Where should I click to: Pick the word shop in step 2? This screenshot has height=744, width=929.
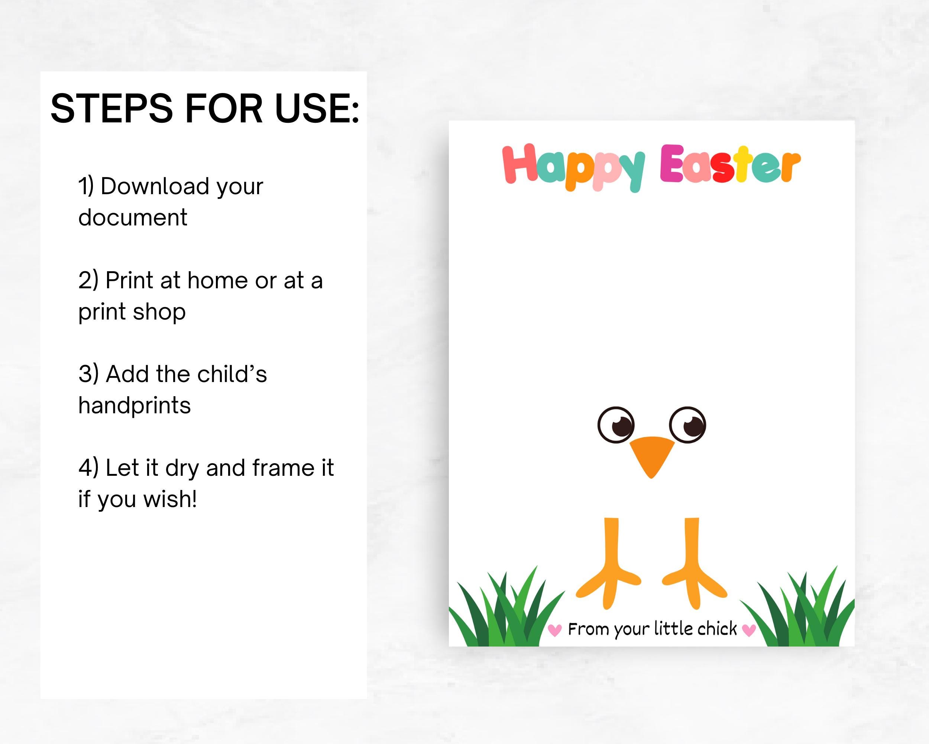pos(159,311)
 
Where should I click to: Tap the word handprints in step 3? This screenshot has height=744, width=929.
pos(135,405)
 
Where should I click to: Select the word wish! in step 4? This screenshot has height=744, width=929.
pos(170,500)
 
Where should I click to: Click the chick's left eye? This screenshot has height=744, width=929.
pos(616,424)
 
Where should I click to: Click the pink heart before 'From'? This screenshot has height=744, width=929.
pos(554,631)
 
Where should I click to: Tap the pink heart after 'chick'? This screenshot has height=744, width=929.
pos(749,631)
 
